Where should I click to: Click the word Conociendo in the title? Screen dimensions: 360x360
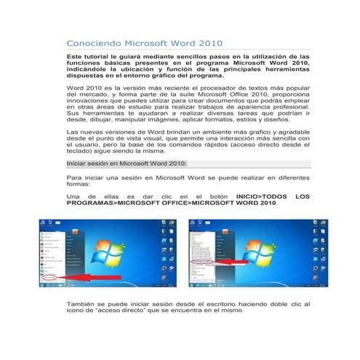89,43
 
